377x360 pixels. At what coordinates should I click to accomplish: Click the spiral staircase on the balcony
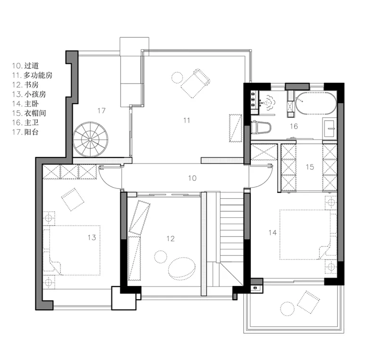[90, 139]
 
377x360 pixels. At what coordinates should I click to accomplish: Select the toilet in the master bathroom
[261, 127]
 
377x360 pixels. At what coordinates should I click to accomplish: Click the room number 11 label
[187, 120]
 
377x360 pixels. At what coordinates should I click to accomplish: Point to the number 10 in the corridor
[192, 178]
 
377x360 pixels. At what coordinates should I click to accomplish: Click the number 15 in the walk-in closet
[310, 167]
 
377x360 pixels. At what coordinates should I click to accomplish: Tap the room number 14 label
[273, 233]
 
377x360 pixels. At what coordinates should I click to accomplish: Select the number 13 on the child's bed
[92, 237]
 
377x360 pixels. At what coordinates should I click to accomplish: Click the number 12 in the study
[171, 238]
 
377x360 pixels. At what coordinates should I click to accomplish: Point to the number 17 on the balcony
[101, 110]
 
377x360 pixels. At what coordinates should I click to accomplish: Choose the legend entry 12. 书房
[25, 85]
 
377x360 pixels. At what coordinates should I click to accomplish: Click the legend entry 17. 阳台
[25, 132]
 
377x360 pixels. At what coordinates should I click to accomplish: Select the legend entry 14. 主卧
[25, 104]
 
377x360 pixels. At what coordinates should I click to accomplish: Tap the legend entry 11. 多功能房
[32, 75]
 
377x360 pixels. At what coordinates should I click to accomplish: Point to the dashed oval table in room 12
[181, 269]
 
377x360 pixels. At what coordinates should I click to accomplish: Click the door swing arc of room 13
[106, 182]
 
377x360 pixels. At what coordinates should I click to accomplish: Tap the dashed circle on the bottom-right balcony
[287, 309]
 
